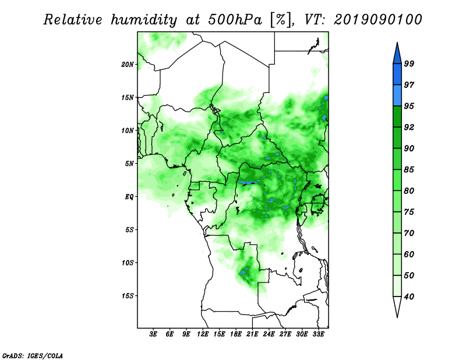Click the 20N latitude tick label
click(x=128, y=65)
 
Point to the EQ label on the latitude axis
click(x=129, y=197)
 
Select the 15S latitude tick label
click(x=128, y=296)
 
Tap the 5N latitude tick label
click(x=129, y=164)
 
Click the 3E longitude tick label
click(x=153, y=334)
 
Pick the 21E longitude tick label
click(x=252, y=334)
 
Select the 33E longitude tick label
click(x=318, y=334)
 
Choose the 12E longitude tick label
click(x=203, y=334)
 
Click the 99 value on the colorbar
click(x=409, y=63)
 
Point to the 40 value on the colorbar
click(x=409, y=297)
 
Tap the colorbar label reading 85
click(x=409, y=170)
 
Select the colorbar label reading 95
click(x=409, y=106)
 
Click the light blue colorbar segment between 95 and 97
click(x=397, y=96)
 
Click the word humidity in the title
click(x=144, y=20)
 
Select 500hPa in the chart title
click(x=235, y=20)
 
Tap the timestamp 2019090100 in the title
click(x=377, y=20)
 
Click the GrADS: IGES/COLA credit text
click(x=33, y=355)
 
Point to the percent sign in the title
click(x=281, y=20)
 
